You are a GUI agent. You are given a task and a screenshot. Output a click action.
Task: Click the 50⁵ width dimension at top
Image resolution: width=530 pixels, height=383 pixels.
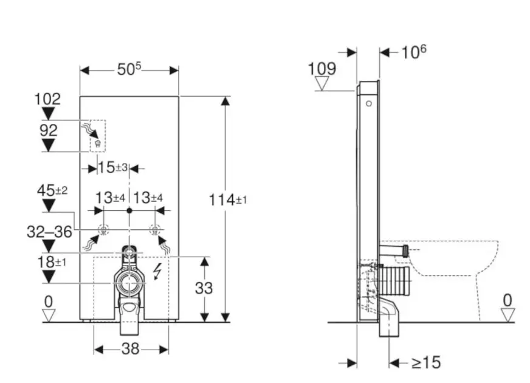(129, 70)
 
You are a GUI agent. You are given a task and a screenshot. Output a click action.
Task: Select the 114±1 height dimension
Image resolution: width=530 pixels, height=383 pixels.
(228, 199)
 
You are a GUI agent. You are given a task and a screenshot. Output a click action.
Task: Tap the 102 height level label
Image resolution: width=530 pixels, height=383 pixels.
(49, 99)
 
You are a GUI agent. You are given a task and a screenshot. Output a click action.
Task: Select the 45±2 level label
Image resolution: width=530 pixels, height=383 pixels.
(52, 191)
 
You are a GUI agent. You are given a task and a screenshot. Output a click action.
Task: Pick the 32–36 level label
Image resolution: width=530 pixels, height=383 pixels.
(50, 231)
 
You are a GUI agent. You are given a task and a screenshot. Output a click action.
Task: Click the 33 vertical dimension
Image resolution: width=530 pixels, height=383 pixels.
(204, 288)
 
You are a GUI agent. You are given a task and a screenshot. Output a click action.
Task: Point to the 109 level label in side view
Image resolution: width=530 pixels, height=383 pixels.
(322, 69)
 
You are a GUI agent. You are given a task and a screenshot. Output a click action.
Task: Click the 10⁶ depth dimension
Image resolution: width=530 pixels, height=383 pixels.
(413, 52)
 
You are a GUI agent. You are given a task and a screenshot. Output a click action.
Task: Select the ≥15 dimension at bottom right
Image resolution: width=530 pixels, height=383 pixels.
(425, 363)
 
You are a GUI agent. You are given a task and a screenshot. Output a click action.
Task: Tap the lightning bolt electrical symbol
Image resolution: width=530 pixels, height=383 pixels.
(157, 271)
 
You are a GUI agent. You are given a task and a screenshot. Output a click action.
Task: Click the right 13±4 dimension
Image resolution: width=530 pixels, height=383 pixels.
(148, 198)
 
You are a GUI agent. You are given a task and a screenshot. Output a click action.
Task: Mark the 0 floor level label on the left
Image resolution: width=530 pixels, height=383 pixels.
(49, 300)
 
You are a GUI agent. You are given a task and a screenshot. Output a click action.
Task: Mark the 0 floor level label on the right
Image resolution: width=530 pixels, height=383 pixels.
(508, 300)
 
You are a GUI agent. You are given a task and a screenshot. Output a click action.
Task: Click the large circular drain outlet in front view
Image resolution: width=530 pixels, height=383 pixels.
(128, 283)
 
